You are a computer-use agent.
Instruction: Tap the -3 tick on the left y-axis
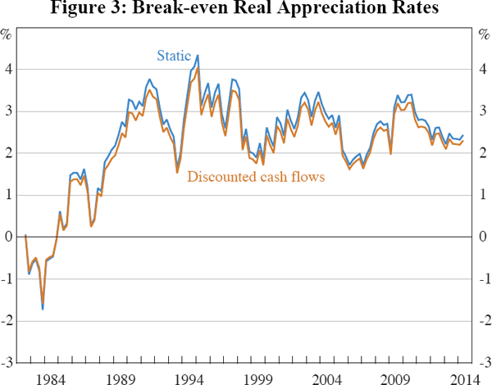click(x=7, y=362)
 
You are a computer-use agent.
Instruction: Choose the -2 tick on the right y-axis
click(x=483, y=320)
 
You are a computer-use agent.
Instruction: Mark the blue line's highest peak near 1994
click(x=198, y=56)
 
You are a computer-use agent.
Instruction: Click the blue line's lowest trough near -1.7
click(x=42, y=309)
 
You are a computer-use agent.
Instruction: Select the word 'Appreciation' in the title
click(x=319, y=10)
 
